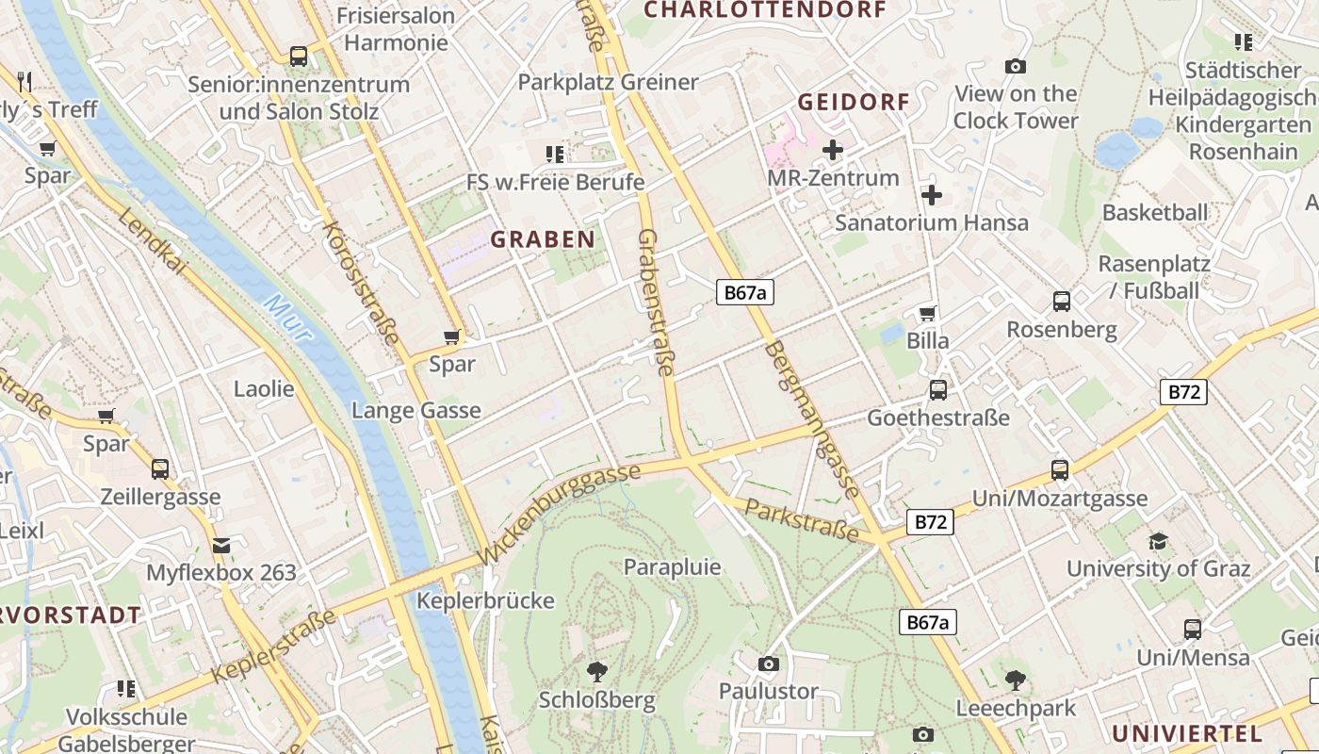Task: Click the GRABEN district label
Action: [543, 239]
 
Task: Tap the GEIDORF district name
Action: [854, 102]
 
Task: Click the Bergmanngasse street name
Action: [812, 418]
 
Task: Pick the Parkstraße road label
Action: [802, 521]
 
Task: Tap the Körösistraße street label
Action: [361, 283]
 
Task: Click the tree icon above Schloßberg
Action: [596, 671]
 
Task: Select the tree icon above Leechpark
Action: [1015, 679]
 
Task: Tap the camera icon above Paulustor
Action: [769, 664]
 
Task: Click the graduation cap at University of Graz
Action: [1158, 541]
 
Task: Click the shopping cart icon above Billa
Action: [928, 313]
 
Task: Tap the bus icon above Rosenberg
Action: [1062, 302]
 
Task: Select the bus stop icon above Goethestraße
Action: [938, 389]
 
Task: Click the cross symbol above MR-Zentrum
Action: [833, 150]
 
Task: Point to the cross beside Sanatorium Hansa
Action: [932, 195]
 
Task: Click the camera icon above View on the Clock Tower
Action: [1015, 66]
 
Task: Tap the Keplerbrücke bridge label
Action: [485, 600]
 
